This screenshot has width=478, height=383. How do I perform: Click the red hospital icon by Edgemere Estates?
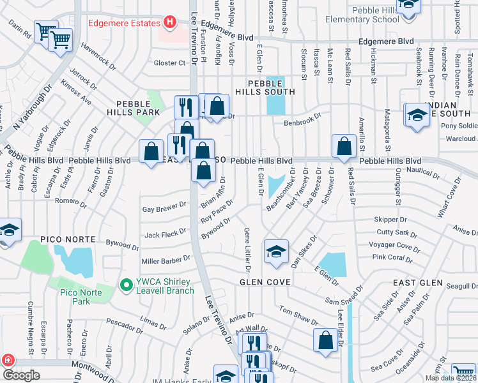[x=169, y=24]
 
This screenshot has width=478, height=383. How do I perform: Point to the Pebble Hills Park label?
[x=137, y=107]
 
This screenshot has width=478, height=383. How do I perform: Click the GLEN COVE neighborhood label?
[x=265, y=282]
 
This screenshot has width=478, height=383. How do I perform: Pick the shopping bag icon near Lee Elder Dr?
[x=325, y=340]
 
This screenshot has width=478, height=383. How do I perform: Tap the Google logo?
[x=21, y=375]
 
